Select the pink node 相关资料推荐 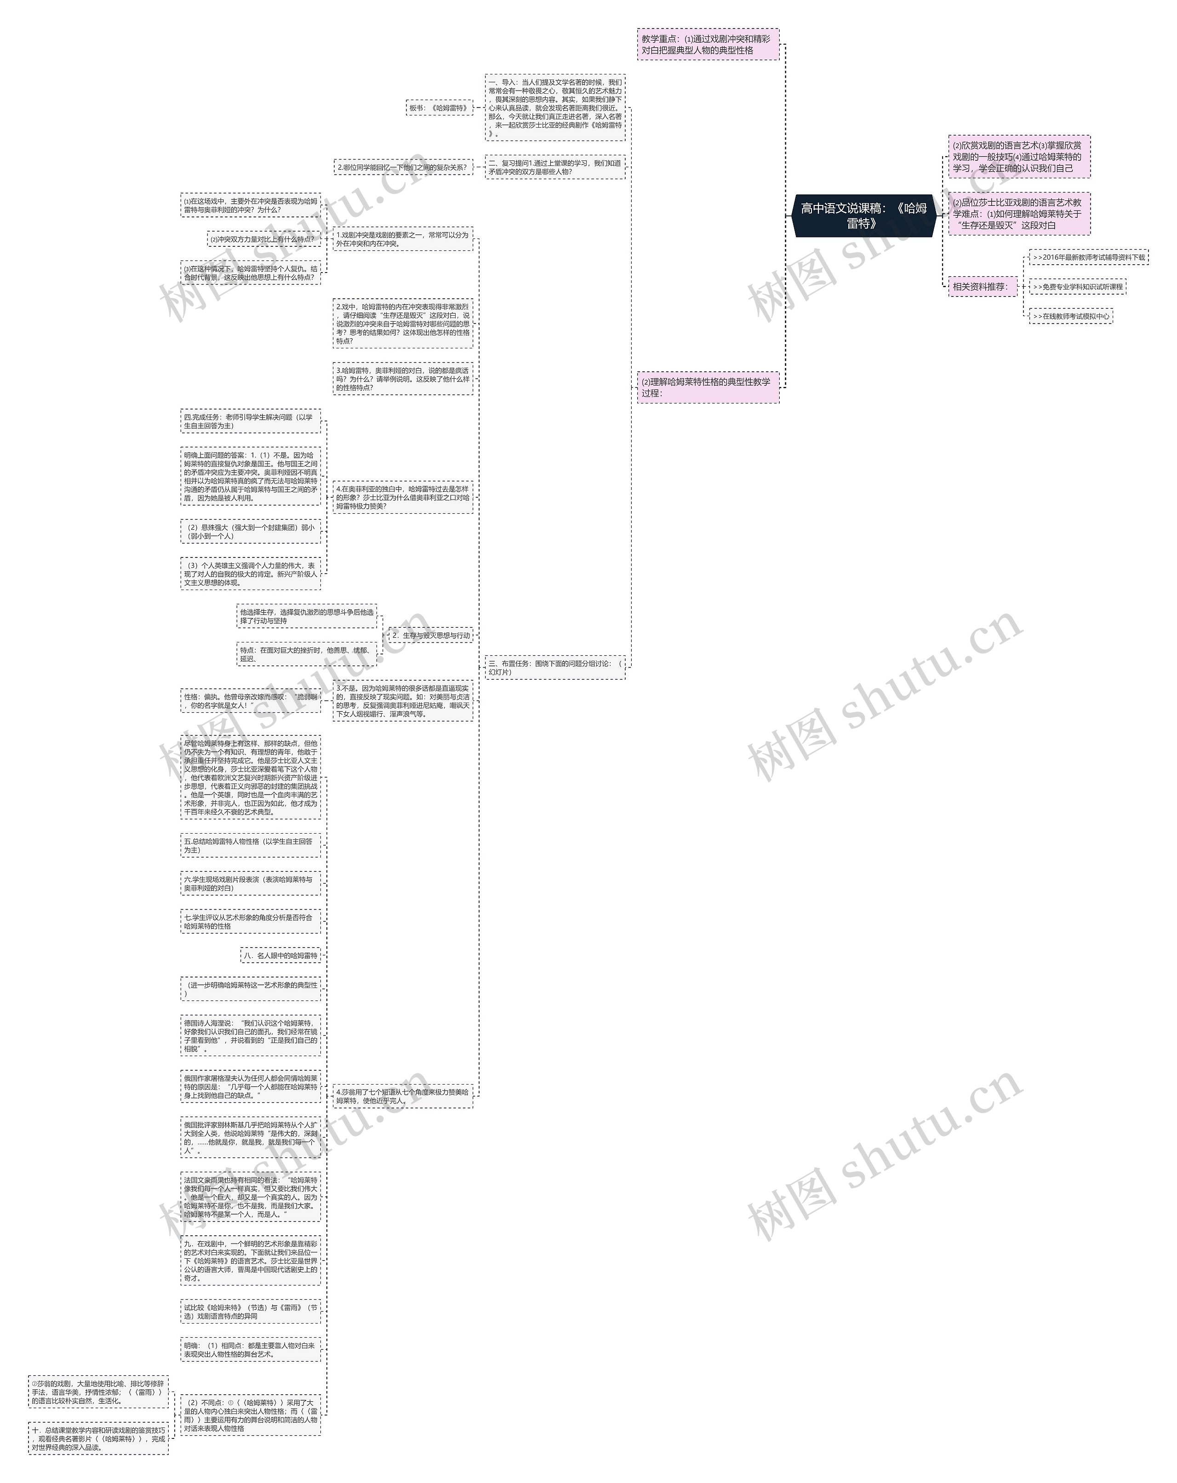[x=982, y=286]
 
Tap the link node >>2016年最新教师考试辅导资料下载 [x=1088, y=257]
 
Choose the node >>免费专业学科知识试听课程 [x=1077, y=287]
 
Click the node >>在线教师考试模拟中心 [x=1070, y=317]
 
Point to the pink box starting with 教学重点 [x=708, y=45]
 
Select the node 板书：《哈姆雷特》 [x=439, y=108]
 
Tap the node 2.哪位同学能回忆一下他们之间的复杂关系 [x=403, y=167]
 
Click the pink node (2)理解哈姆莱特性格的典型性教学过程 [x=708, y=387]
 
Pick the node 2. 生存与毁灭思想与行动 [x=430, y=636]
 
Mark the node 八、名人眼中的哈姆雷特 [x=281, y=955]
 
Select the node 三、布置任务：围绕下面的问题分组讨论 [x=555, y=667]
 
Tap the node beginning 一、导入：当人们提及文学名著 [x=555, y=108]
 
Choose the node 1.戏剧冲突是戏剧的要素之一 [x=403, y=239]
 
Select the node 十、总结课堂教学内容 [x=98, y=1438]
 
